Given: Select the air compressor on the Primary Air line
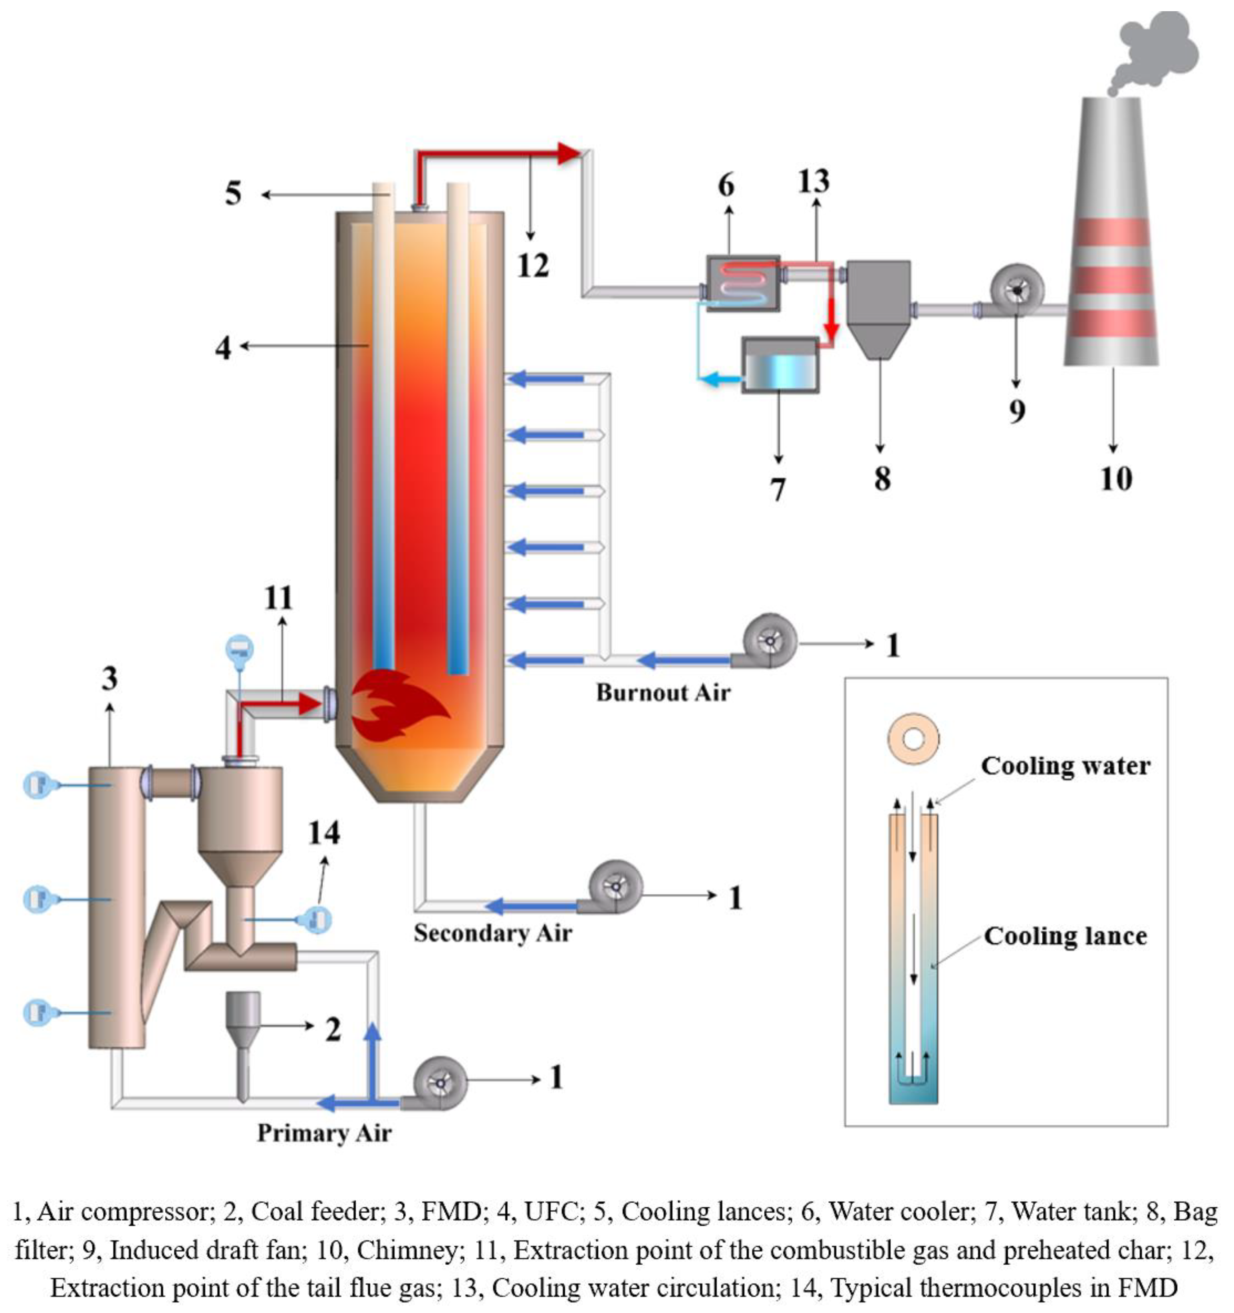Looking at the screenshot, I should [439, 1084].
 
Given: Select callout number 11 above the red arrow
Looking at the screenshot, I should [279, 599].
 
